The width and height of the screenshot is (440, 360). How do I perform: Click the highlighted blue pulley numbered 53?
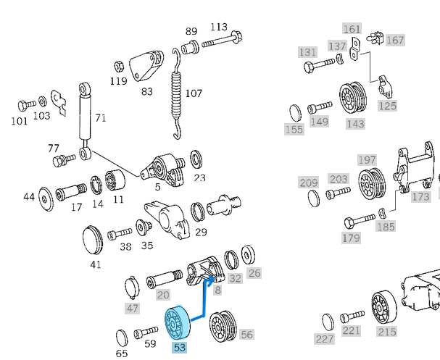pyautogui.click(x=176, y=322)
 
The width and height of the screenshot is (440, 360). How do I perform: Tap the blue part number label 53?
pyautogui.click(x=180, y=348)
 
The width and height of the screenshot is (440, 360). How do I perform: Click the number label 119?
pyautogui.click(x=118, y=81)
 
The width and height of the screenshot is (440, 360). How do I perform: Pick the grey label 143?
pyautogui.click(x=355, y=124)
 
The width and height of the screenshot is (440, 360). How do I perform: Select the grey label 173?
pyautogui.click(x=420, y=196)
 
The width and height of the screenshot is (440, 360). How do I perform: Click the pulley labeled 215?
pyautogui.click(x=385, y=309)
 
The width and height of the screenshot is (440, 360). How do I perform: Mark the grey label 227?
pyautogui.click(x=324, y=338)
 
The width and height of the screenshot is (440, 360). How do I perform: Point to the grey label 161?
pyautogui.click(x=352, y=29)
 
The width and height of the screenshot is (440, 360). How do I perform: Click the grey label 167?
pyautogui.click(x=395, y=40)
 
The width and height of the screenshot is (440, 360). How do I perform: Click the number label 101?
pyautogui.click(x=20, y=121)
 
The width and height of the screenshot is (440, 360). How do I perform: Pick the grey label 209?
pyautogui.click(x=309, y=182)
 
